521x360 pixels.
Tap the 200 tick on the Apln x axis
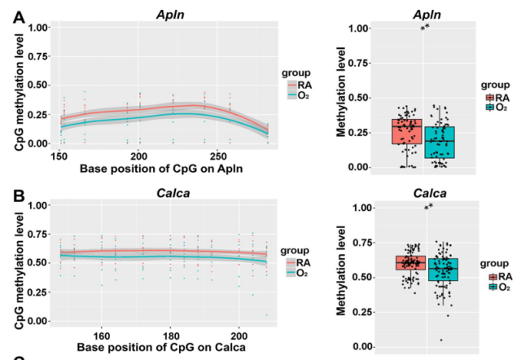(138, 155)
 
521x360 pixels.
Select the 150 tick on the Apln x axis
(59, 155)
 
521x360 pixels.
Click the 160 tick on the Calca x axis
(102, 334)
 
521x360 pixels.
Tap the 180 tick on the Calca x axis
(170, 334)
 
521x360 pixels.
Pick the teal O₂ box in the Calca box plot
(443, 269)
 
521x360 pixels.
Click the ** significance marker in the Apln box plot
(424, 30)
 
